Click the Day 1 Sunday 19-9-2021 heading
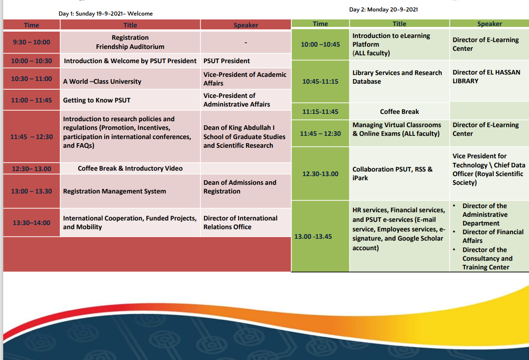click(106, 14)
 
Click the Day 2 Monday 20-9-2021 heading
click(383, 10)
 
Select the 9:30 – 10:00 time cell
click(32, 42)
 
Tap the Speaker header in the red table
click(246, 25)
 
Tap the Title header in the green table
click(399, 24)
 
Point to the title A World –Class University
click(102, 81)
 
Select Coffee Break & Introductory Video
click(130, 168)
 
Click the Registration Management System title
click(114, 191)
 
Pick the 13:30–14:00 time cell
click(32, 223)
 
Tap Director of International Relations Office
click(240, 223)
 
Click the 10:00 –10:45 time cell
click(320, 44)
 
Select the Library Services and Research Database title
click(397, 77)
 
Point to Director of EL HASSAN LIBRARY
click(486, 76)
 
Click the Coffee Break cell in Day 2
click(399, 112)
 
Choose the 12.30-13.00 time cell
click(320, 174)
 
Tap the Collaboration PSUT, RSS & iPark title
click(392, 173)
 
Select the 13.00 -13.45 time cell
click(313, 236)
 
